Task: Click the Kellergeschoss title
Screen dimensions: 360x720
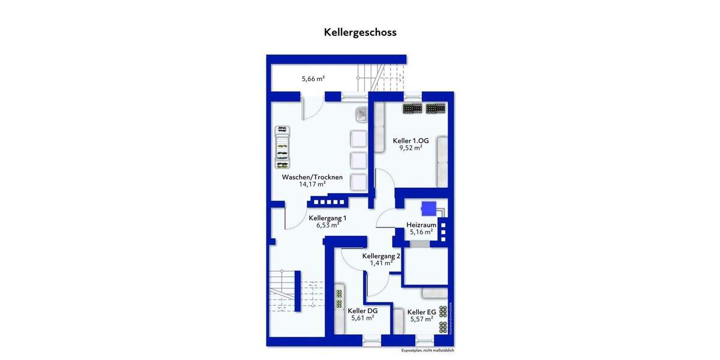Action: point(360,32)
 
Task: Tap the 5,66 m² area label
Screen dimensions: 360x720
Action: point(313,78)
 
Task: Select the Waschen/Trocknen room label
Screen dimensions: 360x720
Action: point(313,177)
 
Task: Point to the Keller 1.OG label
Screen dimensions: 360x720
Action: point(411,141)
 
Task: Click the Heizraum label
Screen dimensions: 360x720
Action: point(421,225)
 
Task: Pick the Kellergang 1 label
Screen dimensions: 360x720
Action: point(328,218)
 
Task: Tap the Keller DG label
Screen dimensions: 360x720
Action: point(362,311)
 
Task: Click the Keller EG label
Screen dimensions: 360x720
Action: point(421,312)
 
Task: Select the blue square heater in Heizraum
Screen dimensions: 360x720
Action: point(430,208)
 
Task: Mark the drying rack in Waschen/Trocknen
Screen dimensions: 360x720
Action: point(281,148)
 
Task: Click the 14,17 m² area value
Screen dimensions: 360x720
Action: point(313,185)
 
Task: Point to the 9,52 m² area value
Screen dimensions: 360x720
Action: point(411,148)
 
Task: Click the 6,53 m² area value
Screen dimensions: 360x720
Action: point(328,226)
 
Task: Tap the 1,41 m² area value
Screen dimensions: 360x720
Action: point(382,263)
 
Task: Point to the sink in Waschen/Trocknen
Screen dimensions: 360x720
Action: point(362,113)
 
